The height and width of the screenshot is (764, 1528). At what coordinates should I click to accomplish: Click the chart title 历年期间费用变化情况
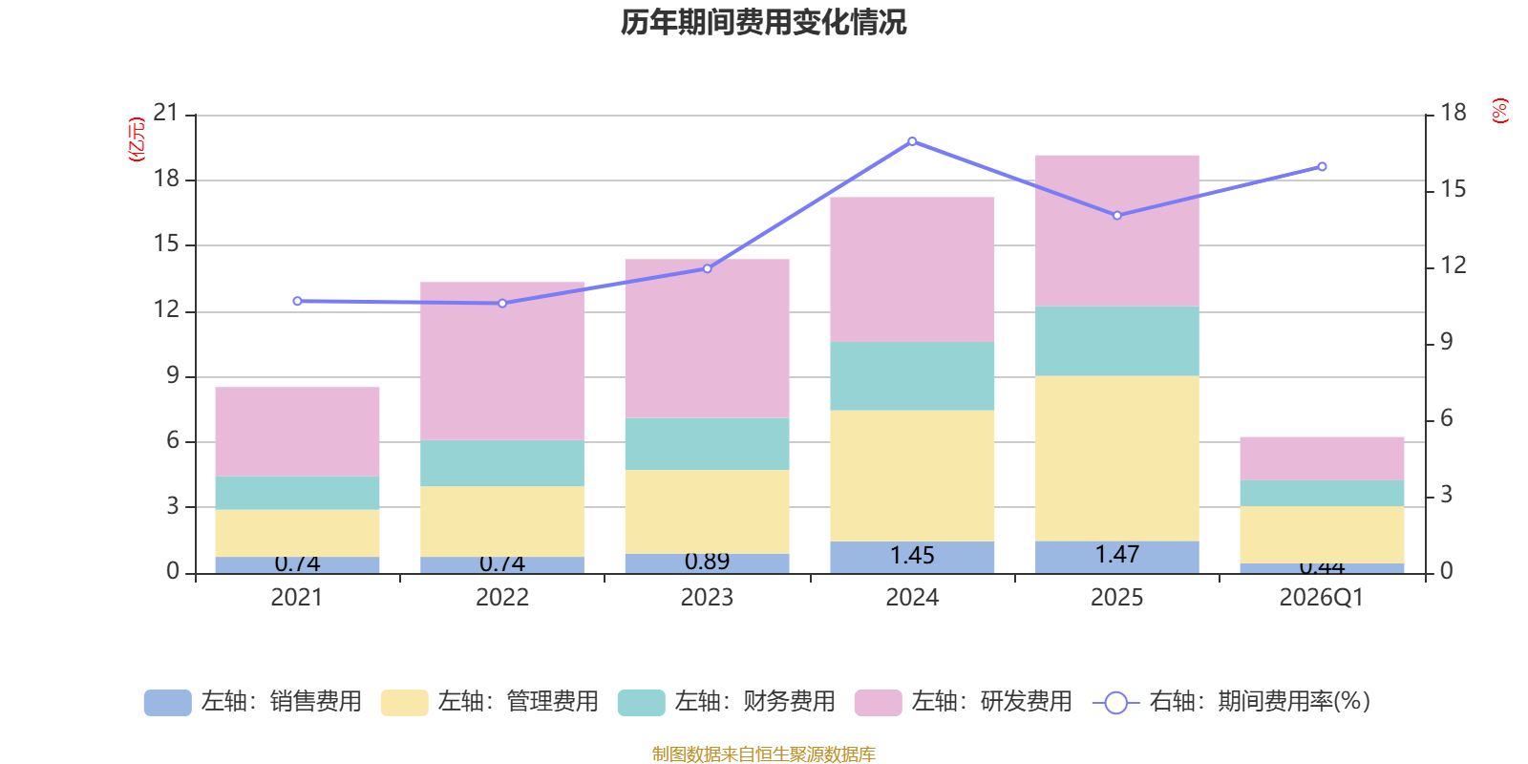tap(763, 22)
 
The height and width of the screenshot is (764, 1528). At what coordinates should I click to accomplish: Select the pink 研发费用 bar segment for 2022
tap(502, 361)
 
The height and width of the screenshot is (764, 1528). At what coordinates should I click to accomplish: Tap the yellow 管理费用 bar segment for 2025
tap(1117, 458)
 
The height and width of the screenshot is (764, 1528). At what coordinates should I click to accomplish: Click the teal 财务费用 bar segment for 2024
tap(912, 376)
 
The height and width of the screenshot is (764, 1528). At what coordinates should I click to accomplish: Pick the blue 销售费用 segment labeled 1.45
tap(912, 557)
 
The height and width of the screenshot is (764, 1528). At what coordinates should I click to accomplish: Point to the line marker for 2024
tap(912, 141)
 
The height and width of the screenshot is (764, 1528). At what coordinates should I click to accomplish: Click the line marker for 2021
tap(297, 301)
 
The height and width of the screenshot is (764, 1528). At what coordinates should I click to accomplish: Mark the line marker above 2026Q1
tap(1322, 167)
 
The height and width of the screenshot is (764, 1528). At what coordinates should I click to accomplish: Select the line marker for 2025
tap(1117, 216)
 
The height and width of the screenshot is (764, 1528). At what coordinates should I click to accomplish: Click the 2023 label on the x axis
tap(707, 598)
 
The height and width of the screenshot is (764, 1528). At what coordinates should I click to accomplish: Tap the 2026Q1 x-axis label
tap(1321, 598)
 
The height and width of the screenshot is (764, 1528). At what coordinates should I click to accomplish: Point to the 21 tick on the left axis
tap(166, 114)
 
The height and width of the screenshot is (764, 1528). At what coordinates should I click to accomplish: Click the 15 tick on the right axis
tap(1453, 189)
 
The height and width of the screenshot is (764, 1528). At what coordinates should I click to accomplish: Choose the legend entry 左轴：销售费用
tap(253, 702)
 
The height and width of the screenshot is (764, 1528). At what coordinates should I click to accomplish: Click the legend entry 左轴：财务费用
tap(727, 702)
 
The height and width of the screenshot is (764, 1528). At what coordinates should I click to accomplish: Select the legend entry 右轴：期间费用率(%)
tap(1232, 702)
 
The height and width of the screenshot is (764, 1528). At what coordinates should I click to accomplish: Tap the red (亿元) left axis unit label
tap(137, 139)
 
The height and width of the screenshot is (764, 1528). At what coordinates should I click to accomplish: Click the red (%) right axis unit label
tap(1500, 111)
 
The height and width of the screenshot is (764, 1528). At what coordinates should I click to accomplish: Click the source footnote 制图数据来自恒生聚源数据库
tap(763, 754)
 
